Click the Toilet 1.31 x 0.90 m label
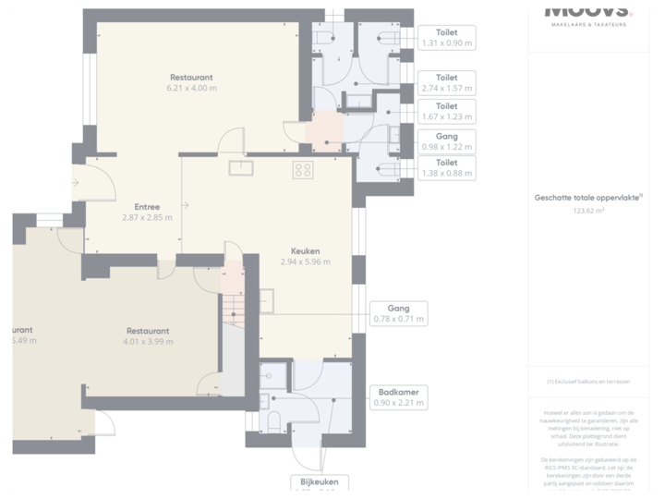[x=446, y=38]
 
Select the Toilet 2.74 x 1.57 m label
[x=446, y=83]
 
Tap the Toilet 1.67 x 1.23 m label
[x=446, y=112]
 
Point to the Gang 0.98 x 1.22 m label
[x=446, y=141]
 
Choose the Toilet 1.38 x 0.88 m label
[x=446, y=167]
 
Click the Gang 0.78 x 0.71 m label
[x=399, y=313]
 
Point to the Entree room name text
[x=147, y=207]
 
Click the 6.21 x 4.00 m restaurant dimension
[x=191, y=89]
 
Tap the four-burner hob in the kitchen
[x=303, y=169]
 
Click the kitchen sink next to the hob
[x=242, y=167]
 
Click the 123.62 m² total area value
[x=596, y=211]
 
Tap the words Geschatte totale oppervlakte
[x=588, y=197]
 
